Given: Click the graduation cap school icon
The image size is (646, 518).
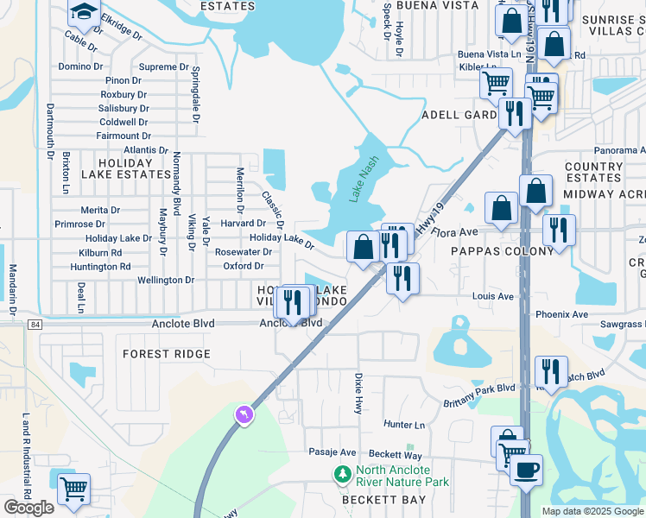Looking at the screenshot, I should (85, 12).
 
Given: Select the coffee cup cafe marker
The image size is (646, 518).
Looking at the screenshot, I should (525, 471).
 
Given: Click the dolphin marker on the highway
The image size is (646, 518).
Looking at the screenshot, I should (244, 415).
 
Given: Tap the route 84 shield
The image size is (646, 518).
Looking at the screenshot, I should (35, 324).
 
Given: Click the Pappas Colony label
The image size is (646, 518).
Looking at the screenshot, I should (502, 251).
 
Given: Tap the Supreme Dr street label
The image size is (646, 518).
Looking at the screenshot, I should (164, 66).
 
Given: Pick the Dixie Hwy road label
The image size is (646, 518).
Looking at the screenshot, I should (358, 392).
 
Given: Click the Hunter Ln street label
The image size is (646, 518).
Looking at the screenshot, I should (405, 425).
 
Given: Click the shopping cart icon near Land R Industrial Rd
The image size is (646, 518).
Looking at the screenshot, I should (73, 488).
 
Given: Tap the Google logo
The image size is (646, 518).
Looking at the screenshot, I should (28, 508).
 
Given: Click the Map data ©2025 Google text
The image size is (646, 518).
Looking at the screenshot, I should (592, 511).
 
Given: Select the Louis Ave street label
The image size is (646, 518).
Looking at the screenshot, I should (493, 296).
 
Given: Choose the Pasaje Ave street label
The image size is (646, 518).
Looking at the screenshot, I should (332, 452).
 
